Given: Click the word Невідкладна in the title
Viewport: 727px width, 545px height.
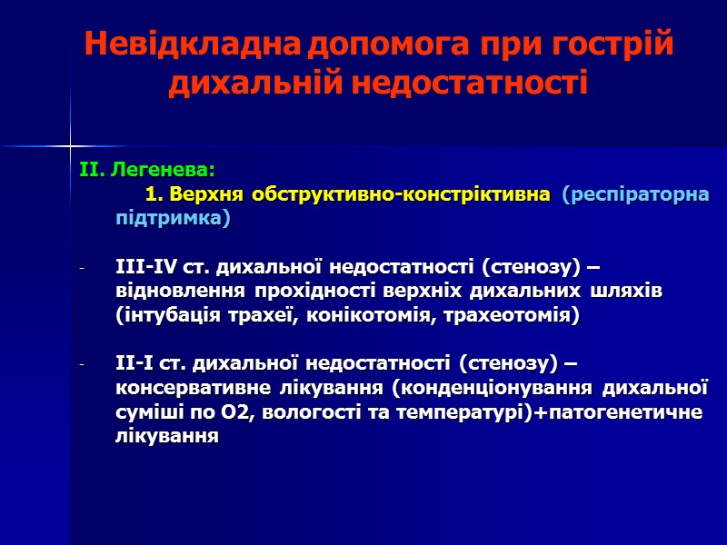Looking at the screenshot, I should (192, 45).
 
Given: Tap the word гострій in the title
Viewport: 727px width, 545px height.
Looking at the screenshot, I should (617, 45).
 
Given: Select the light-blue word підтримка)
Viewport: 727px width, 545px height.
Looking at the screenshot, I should (173, 219).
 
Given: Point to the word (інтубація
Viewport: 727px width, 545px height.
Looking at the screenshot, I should (163, 316).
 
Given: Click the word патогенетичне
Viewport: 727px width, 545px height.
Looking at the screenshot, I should (626, 413).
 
